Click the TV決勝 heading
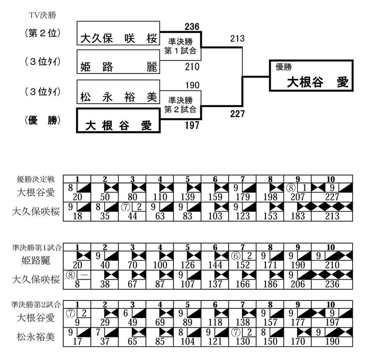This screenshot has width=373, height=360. coord(43,15)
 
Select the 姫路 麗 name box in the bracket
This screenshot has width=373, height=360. coord(118,62)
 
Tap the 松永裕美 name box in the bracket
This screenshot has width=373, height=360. coord(118,92)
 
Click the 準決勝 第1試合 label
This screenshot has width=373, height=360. coord(180,46)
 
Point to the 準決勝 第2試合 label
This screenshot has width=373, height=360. coord(180,104)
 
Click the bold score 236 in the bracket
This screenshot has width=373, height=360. coord(192,27)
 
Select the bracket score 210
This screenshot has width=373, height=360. coord(192,67)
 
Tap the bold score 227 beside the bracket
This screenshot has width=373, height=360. coord(237,114)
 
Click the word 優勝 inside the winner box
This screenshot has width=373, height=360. coord(284,67)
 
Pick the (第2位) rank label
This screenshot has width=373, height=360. coord(43,33)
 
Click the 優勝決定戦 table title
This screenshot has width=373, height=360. coord(36,179)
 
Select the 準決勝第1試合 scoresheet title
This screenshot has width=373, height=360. coord(37,247)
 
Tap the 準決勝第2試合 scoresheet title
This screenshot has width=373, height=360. coord(36,304)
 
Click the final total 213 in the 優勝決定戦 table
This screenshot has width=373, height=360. coord(332,216)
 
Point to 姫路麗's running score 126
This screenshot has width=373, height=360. coord(188,265)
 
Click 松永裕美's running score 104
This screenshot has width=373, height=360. coord(188,341)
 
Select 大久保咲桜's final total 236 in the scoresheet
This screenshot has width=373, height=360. coord(332,284)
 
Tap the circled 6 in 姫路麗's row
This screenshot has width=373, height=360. coord(236,256)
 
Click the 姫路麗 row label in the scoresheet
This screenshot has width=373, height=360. coord(36,260)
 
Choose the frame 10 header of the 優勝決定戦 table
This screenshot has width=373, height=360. coord(331,179)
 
